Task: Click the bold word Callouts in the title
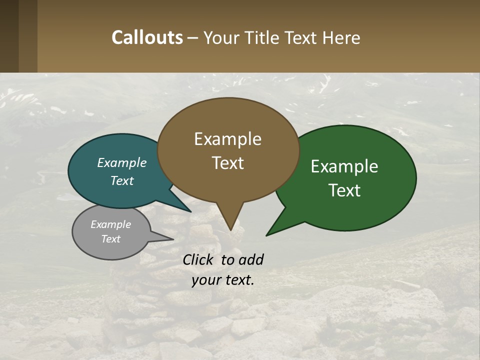[x=147, y=37]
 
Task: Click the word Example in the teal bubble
[x=122, y=162]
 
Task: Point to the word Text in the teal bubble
[x=122, y=180]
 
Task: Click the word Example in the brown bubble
[x=227, y=139]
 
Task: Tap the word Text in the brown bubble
[x=228, y=163]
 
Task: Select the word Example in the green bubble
[x=344, y=166]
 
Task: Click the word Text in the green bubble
[x=345, y=190]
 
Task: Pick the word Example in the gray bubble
[x=110, y=224]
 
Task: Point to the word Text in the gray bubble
[x=110, y=239]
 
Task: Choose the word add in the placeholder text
[x=250, y=259]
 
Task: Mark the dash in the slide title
[x=193, y=38]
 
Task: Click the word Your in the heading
[x=221, y=37]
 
